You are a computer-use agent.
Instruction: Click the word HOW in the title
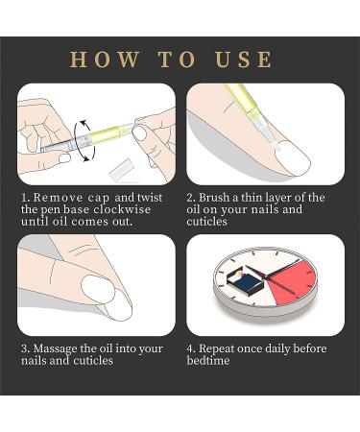pos(102,60)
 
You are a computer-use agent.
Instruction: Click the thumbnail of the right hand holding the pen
pos(140,132)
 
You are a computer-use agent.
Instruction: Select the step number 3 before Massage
pos(23,348)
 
